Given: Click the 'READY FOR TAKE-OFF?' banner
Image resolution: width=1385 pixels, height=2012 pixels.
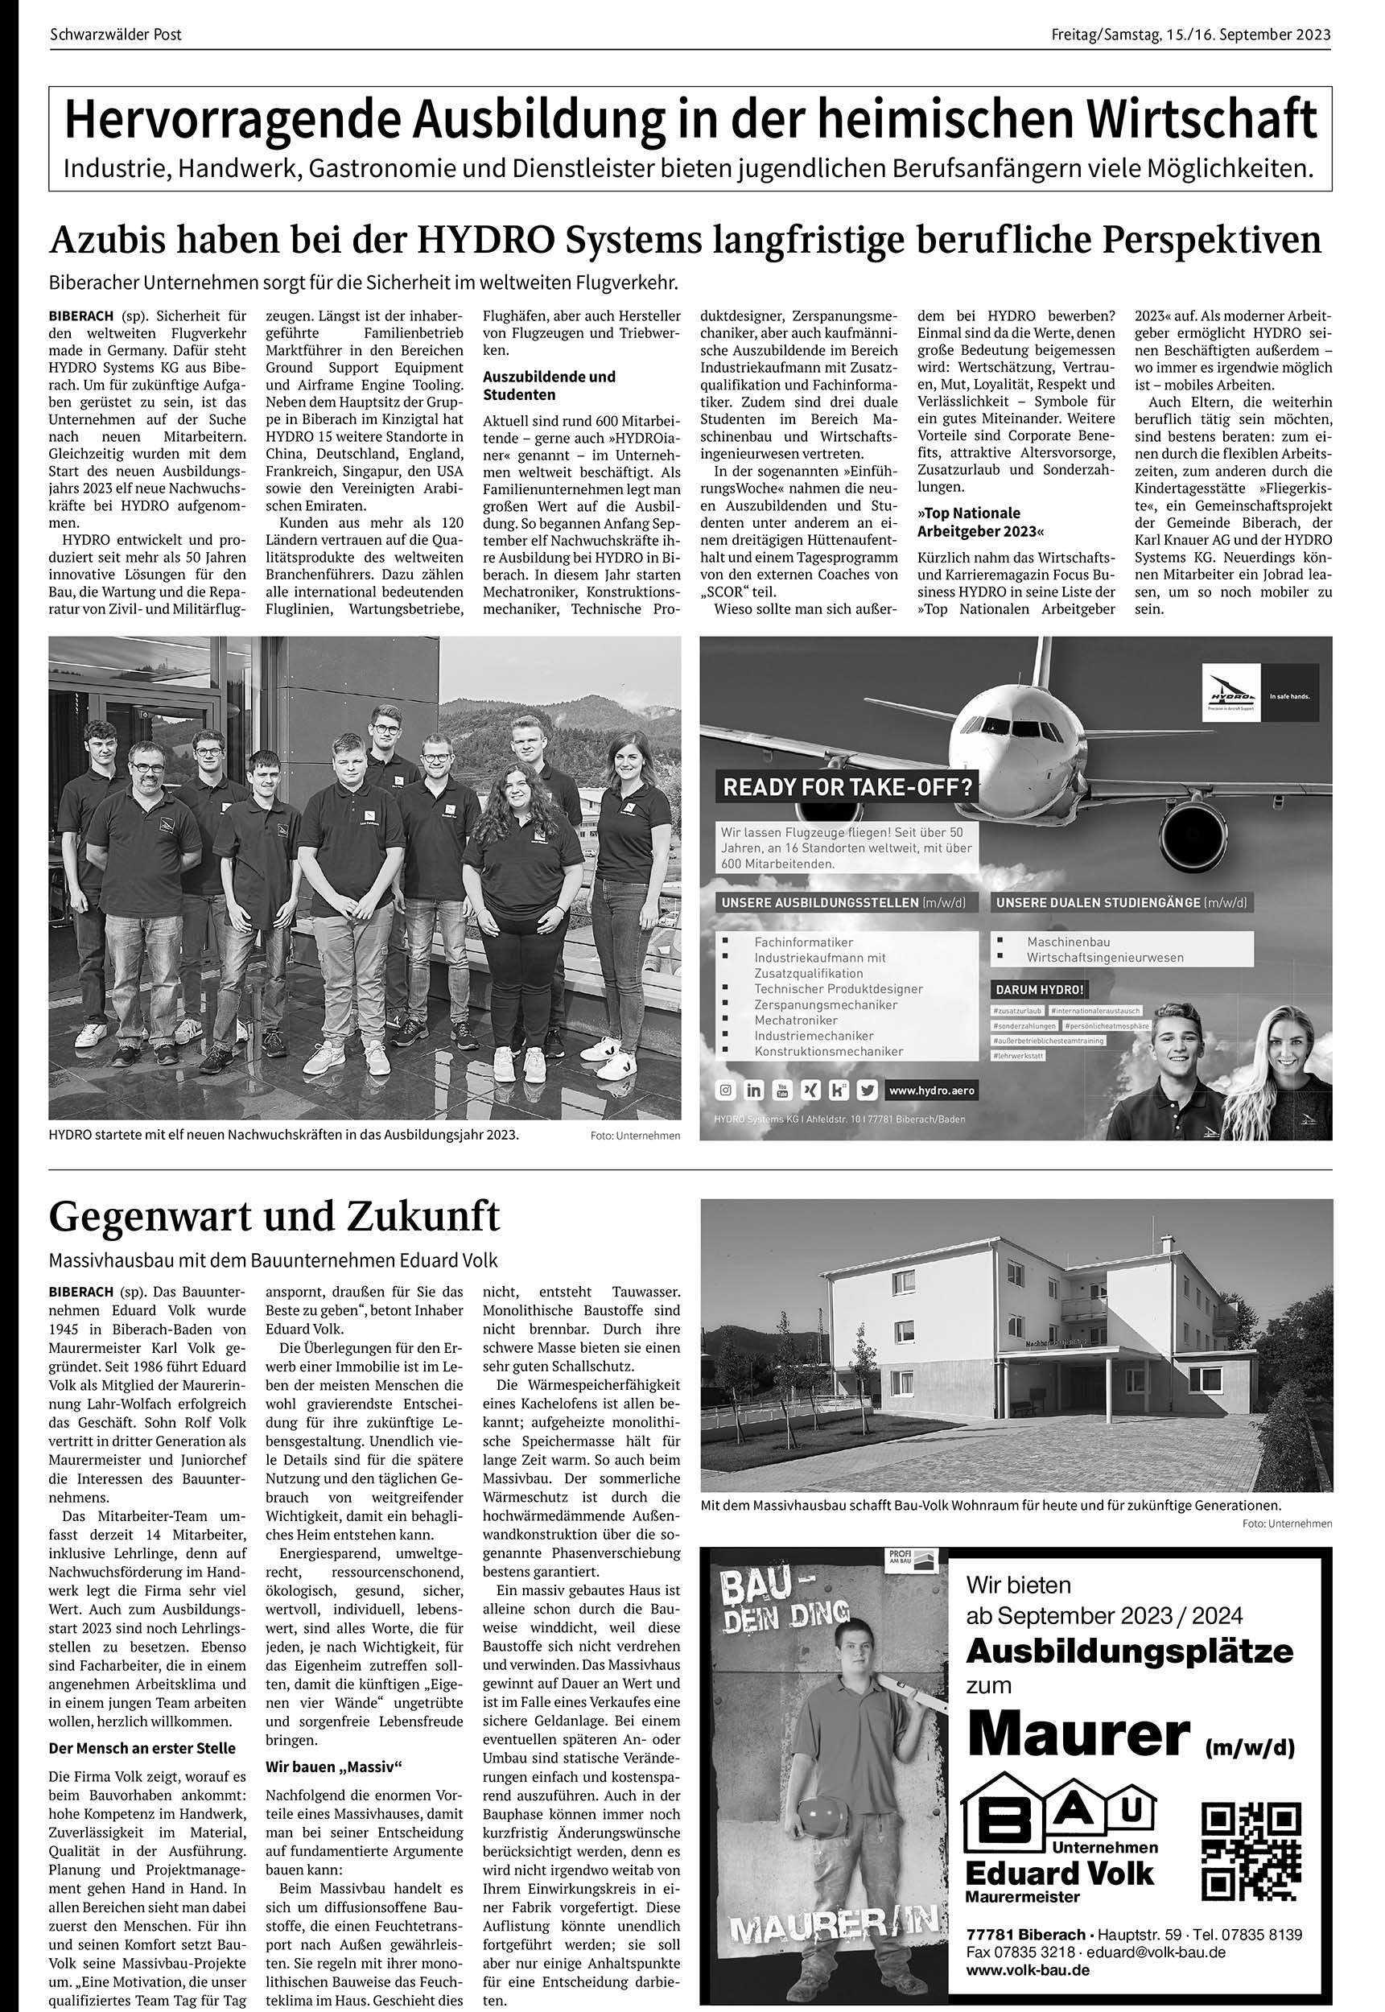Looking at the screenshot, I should [x=846, y=788].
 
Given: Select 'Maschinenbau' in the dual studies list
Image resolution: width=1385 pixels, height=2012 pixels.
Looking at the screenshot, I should [x=1068, y=942].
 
